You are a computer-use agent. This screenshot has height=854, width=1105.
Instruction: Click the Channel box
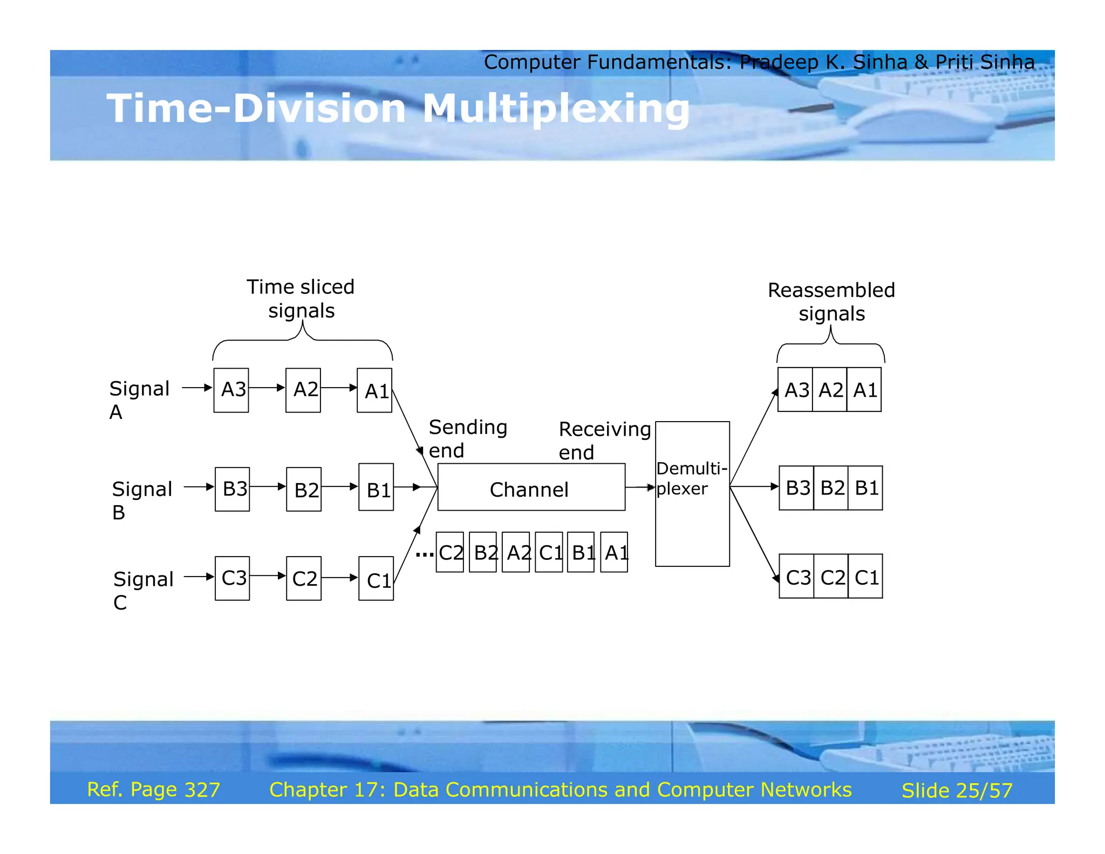pyautogui.click(x=531, y=487)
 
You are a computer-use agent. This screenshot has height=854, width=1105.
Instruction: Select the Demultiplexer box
pyautogui.click(x=692, y=493)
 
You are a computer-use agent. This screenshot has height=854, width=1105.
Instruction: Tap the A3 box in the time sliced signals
pyautogui.click(x=231, y=390)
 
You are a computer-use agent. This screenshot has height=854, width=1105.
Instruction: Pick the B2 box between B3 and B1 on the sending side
pyautogui.click(x=304, y=489)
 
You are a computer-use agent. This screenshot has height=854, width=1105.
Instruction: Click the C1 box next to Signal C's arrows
pyautogui.click(x=376, y=579)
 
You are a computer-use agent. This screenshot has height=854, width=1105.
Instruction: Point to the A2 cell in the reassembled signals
pyautogui.click(x=830, y=390)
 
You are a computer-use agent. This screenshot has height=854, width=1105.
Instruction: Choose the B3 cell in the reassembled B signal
pyautogui.click(x=796, y=488)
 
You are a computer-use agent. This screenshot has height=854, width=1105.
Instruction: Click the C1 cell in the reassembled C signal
pyautogui.click(x=865, y=577)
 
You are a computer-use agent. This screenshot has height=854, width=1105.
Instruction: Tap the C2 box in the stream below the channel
pyautogui.click(x=450, y=552)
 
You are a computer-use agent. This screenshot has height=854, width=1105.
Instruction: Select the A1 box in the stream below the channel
pyautogui.click(x=614, y=552)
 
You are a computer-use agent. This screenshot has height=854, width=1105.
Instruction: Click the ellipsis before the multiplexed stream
pyautogui.click(x=425, y=554)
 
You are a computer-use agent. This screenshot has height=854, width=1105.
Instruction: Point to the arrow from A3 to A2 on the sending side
pyautogui.click(x=267, y=388)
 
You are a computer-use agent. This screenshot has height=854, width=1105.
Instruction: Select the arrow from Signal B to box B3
pyautogui.click(x=199, y=487)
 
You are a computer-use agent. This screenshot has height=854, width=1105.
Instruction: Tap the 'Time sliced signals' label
pyautogui.click(x=301, y=299)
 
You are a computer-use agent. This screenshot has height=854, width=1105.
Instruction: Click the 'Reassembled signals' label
pyautogui.click(x=831, y=302)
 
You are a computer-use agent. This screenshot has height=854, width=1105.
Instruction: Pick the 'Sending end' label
pyautogui.click(x=467, y=438)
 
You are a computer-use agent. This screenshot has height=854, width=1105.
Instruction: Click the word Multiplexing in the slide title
pyautogui.click(x=556, y=109)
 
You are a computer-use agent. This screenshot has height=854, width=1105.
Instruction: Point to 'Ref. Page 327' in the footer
pyautogui.click(x=154, y=790)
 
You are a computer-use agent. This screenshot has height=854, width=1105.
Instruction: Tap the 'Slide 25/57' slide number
pyautogui.click(x=957, y=791)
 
